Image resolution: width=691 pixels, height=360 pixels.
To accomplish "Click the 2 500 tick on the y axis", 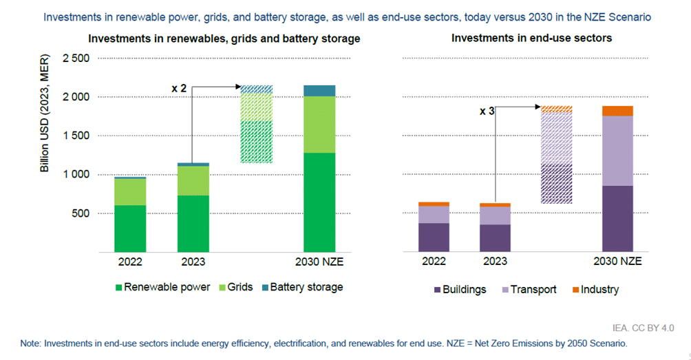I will (76, 59).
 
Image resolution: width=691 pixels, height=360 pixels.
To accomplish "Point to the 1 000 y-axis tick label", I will (76, 175).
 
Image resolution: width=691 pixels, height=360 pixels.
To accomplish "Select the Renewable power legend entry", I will (166, 287).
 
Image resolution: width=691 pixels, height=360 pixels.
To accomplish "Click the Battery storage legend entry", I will (306, 287).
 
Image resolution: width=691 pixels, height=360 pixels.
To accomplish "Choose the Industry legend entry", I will (599, 289).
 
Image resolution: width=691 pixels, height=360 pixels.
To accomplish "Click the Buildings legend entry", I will (463, 289).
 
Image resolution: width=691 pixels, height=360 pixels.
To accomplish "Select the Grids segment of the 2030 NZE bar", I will (319, 125).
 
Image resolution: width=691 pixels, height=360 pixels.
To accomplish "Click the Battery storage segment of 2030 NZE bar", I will (319, 90).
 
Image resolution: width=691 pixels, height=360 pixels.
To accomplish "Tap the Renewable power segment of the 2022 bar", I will (130, 229).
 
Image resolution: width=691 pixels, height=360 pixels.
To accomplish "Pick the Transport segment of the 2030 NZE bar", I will (617, 151).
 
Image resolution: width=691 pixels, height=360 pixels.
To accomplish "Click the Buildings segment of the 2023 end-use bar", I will (496, 238).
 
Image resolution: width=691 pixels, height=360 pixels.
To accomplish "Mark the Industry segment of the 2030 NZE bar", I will (617, 111).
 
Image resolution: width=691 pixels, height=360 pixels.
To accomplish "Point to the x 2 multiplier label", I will (179, 88).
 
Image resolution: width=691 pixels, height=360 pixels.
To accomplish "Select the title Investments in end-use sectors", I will (531, 39).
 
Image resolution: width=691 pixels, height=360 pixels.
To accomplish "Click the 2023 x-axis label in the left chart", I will (193, 262).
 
